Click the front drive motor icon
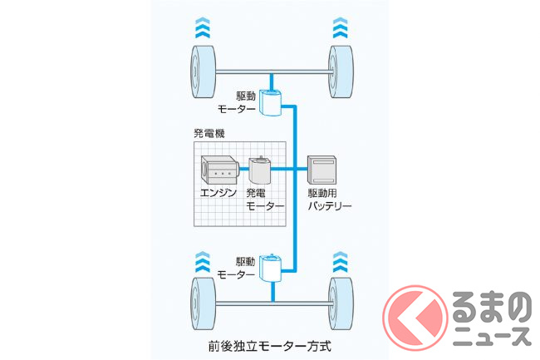point(272,101)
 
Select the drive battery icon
point(322,171)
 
